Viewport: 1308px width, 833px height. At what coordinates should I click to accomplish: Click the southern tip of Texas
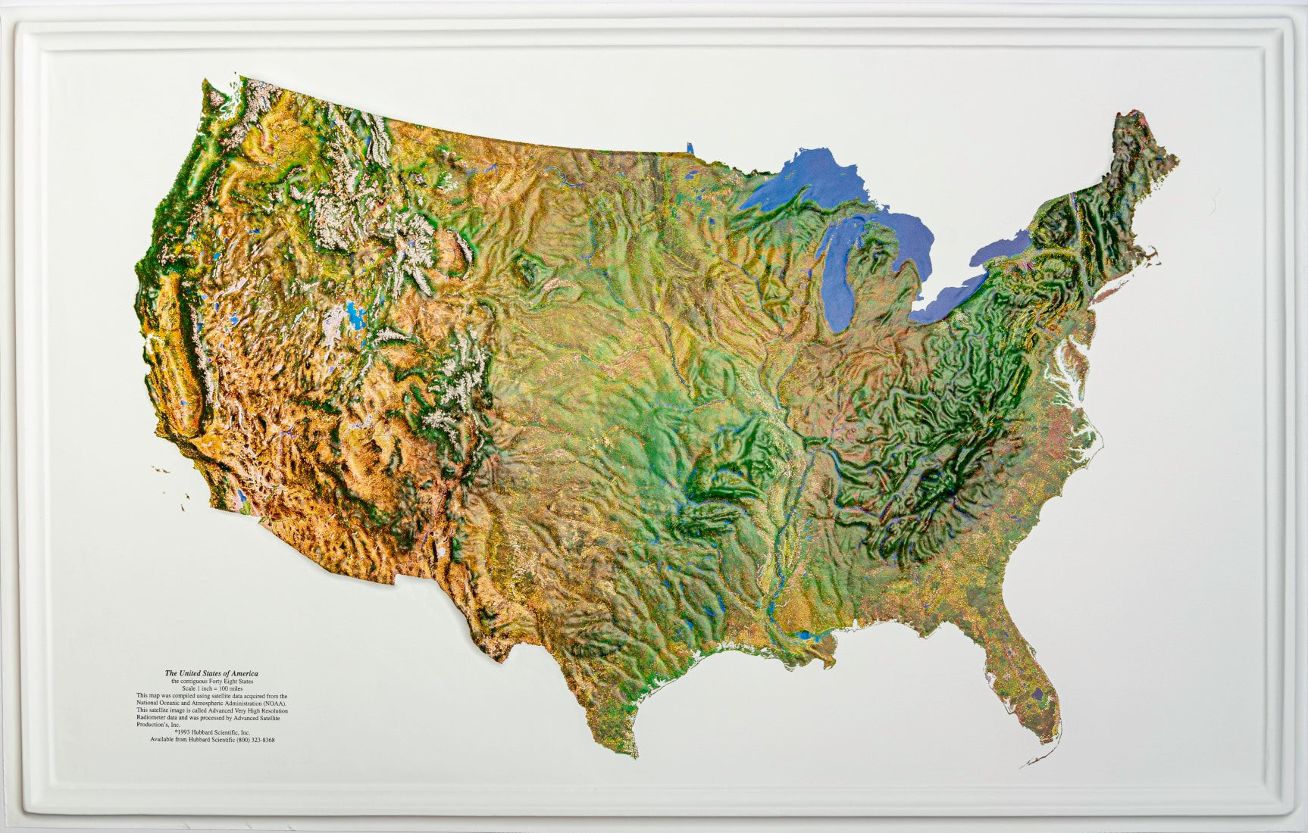tap(634, 754)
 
